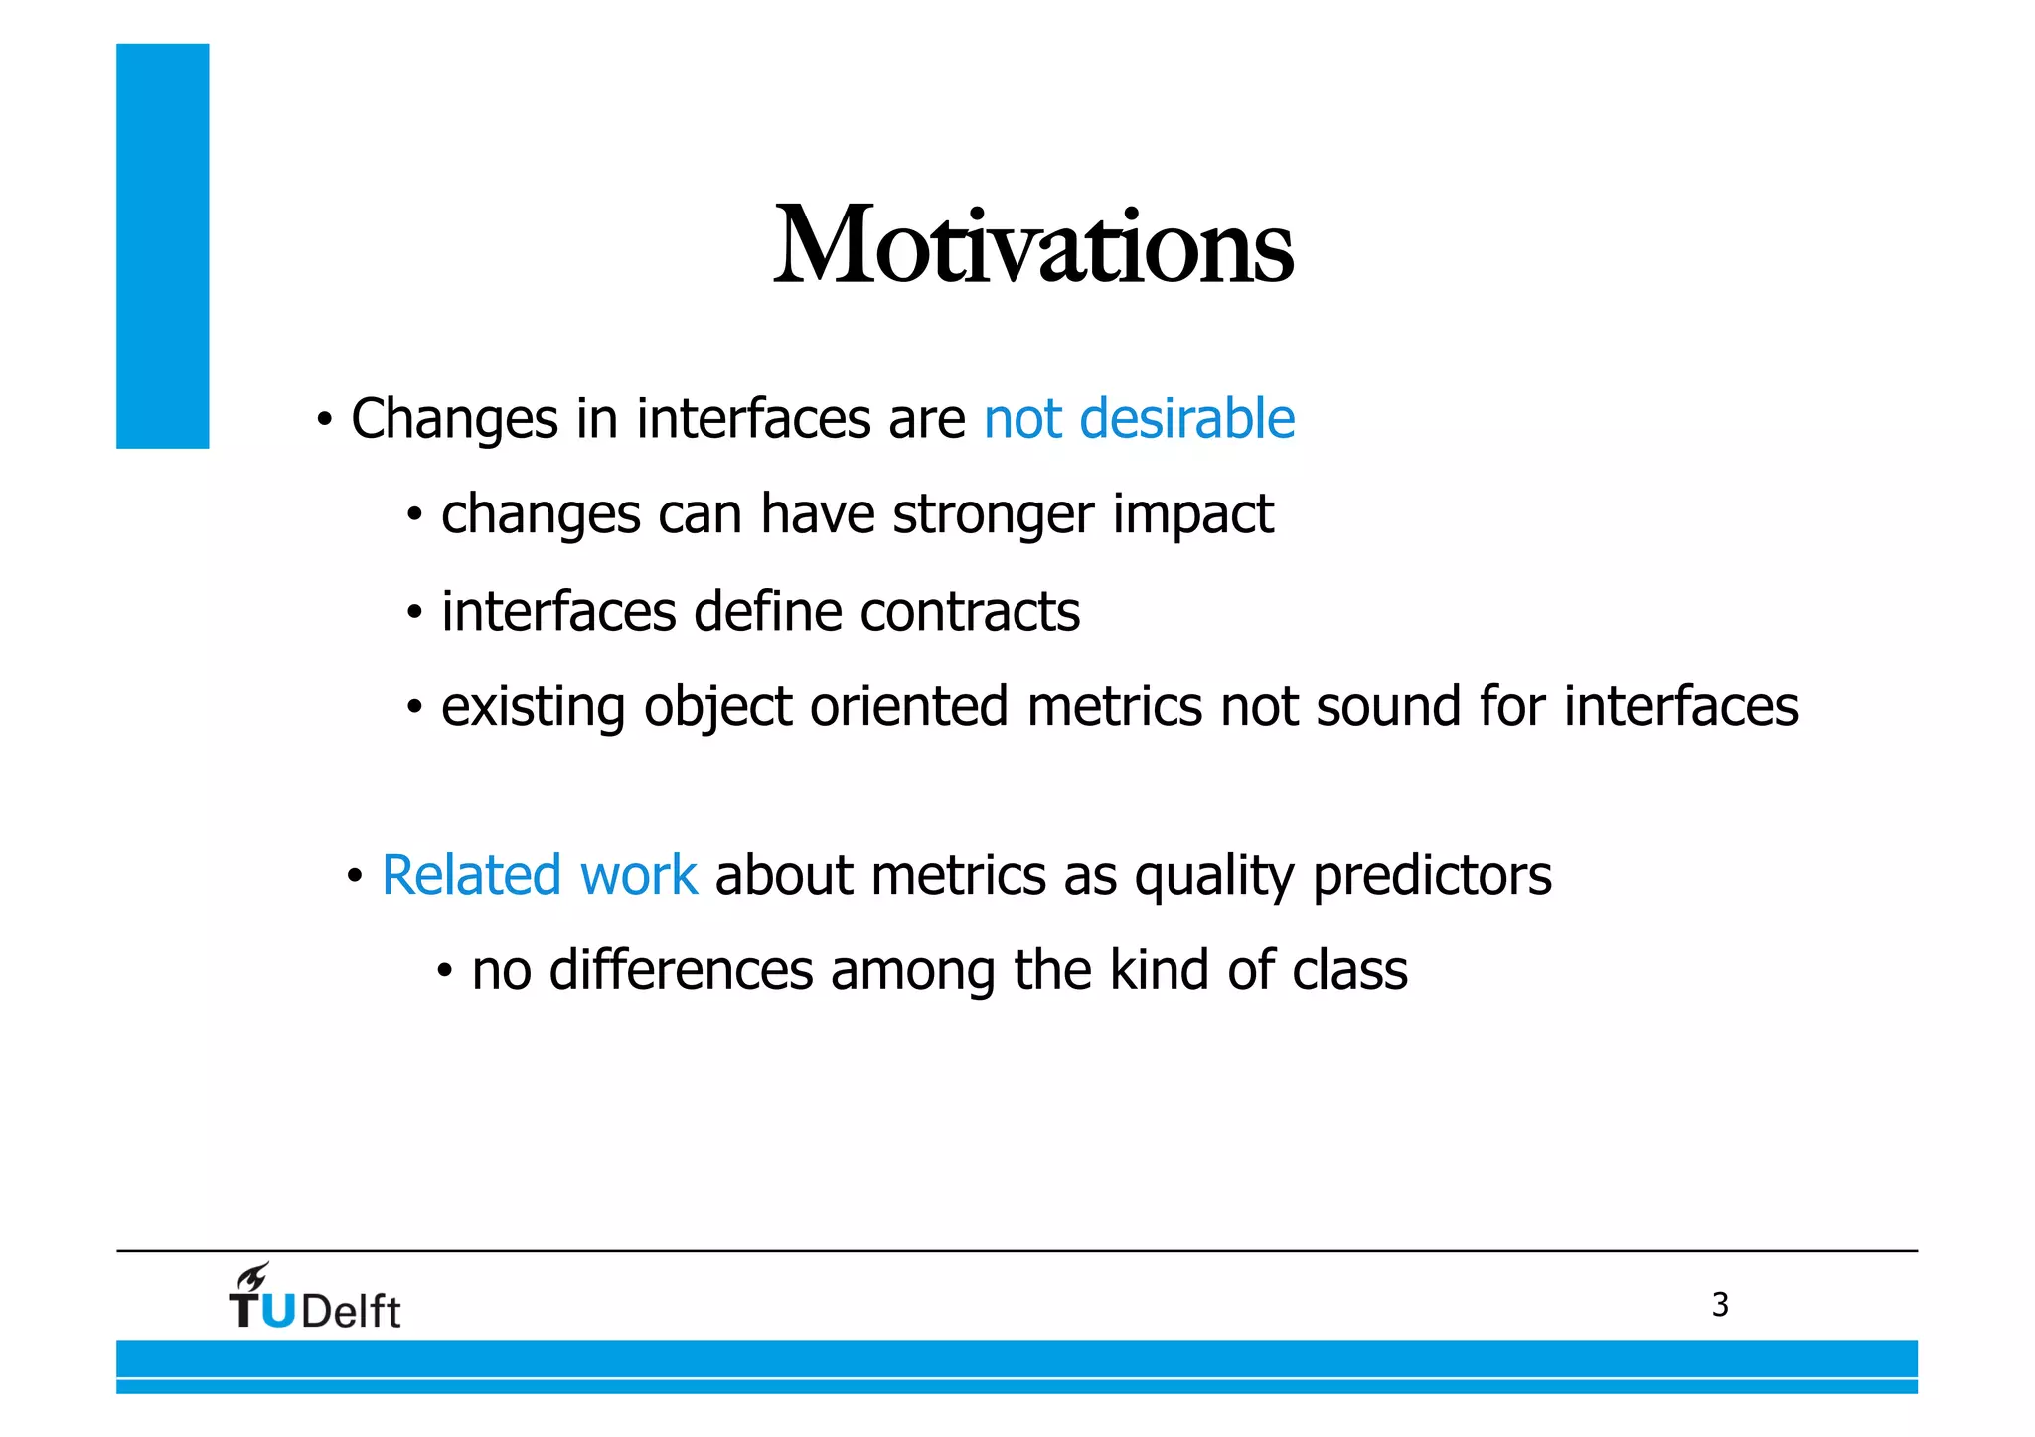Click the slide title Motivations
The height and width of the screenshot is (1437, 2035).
1033,245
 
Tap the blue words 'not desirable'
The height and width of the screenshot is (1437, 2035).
1139,418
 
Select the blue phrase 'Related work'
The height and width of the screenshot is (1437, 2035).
540,875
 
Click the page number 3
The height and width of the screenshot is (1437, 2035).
1720,1305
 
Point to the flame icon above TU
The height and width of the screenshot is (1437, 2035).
253,1277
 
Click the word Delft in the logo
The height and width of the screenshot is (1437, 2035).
351,1312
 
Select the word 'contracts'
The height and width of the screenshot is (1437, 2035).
970,611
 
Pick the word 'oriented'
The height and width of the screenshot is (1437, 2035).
908,706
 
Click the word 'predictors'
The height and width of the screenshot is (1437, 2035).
1432,876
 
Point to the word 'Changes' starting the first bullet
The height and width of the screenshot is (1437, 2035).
454,419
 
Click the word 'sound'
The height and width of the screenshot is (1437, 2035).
1388,706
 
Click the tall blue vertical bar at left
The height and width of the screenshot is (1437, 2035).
162,245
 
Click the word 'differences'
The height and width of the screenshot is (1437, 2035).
681,969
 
